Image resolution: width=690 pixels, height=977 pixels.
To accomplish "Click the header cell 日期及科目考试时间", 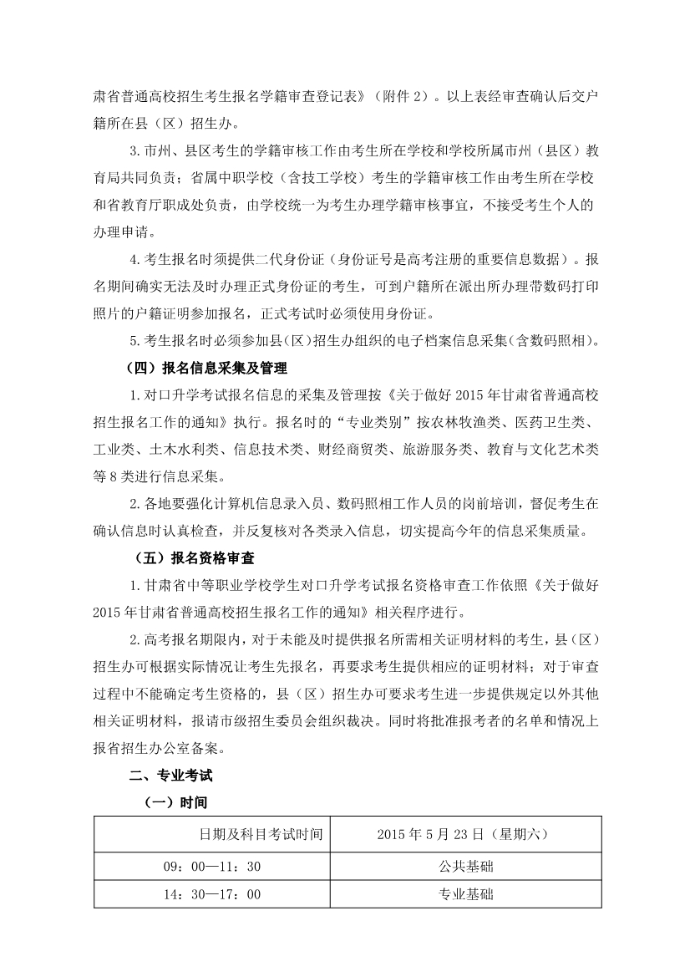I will click(x=261, y=833).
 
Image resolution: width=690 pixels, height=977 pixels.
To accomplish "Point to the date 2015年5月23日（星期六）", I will click(x=463, y=833).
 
